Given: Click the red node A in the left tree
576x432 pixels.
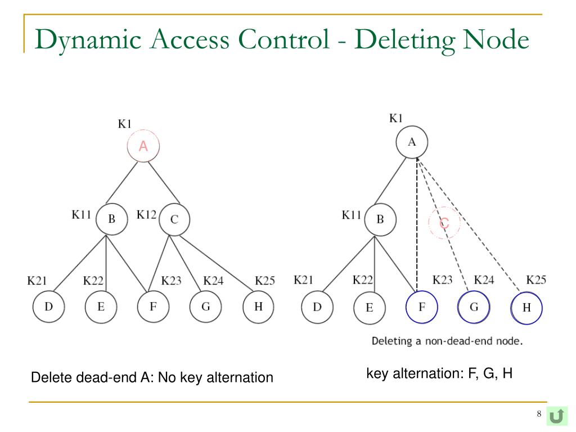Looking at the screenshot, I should [143, 147].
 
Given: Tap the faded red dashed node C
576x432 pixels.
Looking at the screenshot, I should [444, 223].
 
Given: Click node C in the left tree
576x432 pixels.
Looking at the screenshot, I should [174, 219].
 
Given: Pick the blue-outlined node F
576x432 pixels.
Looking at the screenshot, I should [421, 307].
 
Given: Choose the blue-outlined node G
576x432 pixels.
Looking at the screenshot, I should [474, 307].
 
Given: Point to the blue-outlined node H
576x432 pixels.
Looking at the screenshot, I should [526, 308].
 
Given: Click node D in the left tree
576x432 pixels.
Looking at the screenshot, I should [49, 307].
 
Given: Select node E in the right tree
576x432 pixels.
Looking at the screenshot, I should [370, 308].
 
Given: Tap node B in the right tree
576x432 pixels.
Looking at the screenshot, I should [380, 219].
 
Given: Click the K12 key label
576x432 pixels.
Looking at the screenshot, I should [147, 215].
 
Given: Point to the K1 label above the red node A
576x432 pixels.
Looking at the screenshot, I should [125, 124].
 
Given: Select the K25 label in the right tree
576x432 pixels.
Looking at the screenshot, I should [536, 280].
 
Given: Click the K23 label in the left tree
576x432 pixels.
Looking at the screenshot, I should [171, 280].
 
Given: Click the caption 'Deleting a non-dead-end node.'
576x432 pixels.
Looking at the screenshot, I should [447, 341].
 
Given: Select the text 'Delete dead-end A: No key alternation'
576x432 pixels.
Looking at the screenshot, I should [152, 377].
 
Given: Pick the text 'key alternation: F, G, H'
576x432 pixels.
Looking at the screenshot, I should [439, 373].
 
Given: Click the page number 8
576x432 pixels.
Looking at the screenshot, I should [538, 415].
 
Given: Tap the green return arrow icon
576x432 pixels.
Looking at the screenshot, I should [557, 416].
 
